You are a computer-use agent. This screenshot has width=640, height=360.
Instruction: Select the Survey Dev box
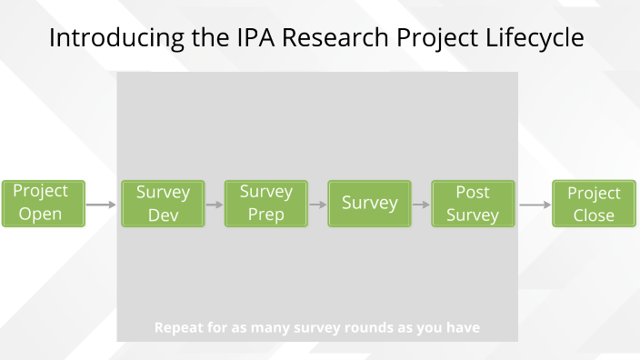163,204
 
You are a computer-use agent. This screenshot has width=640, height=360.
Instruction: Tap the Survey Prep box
266,204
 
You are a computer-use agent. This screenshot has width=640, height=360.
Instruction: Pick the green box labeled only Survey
370,204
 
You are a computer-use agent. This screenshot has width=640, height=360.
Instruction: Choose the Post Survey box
473,204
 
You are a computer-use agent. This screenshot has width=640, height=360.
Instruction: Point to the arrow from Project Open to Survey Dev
101,205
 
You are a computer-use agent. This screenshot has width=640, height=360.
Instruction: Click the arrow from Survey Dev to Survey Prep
215,205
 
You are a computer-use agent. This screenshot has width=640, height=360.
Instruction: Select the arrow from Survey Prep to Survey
318,205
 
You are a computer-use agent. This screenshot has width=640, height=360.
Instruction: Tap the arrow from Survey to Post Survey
421,205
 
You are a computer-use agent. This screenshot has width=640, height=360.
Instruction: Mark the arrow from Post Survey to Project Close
535,205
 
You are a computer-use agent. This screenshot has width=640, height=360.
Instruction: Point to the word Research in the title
325,38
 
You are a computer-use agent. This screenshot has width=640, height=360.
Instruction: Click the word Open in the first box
41,215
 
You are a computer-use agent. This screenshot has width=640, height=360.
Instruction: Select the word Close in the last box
594,215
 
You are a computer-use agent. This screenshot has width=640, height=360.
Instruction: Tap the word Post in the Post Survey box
473,192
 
